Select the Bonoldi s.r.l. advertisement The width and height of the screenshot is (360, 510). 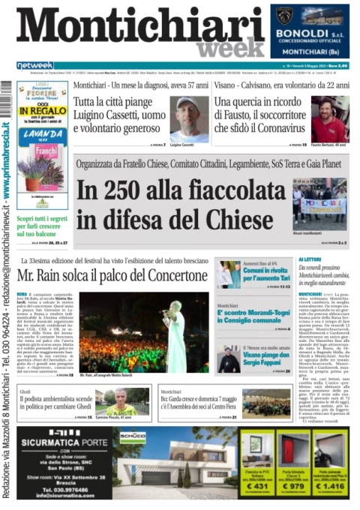310,31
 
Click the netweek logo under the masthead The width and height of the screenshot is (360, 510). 35,65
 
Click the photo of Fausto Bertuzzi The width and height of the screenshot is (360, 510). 329,118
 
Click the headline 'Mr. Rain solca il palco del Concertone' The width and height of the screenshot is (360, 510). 112,274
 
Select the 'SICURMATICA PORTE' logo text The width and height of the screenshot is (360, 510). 61,442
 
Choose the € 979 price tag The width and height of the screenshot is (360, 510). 295,487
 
